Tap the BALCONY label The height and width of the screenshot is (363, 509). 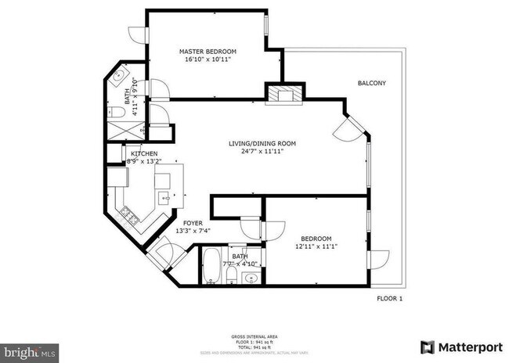(x=371, y=83)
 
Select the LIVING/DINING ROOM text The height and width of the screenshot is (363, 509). (x=262, y=143)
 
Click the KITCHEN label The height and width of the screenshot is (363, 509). (x=144, y=153)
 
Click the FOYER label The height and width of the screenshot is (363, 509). (x=182, y=223)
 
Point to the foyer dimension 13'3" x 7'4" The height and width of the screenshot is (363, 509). (x=182, y=231)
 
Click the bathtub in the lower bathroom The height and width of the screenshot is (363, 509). (x=211, y=267)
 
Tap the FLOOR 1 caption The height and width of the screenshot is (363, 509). (x=389, y=299)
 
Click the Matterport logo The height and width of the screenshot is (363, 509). (x=459, y=347)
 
